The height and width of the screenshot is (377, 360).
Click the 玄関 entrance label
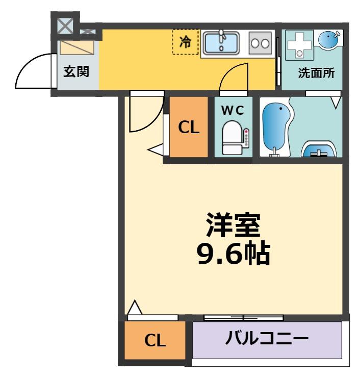coord(76,71)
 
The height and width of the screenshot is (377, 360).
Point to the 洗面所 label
coord(316,72)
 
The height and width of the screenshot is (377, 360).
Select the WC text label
coord(233,108)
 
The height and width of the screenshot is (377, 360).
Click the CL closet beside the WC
coord(189,128)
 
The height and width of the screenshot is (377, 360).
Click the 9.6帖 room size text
coord(233,254)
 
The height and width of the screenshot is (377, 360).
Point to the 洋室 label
coord(233,224)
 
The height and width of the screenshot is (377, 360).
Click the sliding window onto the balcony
coord(243,317)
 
